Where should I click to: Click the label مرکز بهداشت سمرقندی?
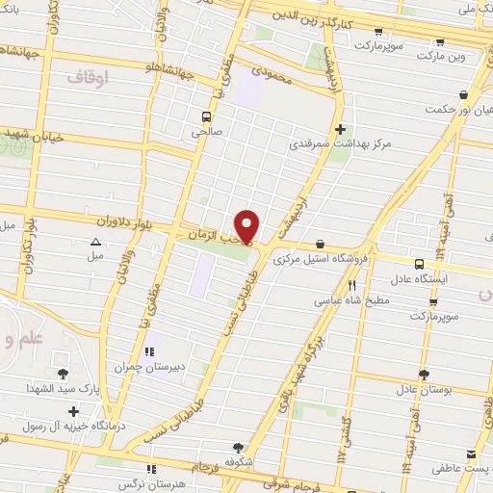tap(340, 144)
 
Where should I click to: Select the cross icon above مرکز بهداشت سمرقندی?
tap(339, 128)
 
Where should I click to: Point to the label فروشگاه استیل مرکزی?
tap(319, 260)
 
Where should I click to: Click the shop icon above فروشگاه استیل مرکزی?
tap(320, 245)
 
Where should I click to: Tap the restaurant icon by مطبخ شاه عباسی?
tap(352, 286)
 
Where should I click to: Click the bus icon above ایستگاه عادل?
tap(419, 263)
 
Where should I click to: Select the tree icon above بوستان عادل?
tap(423, 375)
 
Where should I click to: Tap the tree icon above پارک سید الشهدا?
tap(64, 374)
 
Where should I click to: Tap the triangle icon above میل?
tap(95, 242)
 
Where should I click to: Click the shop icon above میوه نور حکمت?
tap(464, 94)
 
